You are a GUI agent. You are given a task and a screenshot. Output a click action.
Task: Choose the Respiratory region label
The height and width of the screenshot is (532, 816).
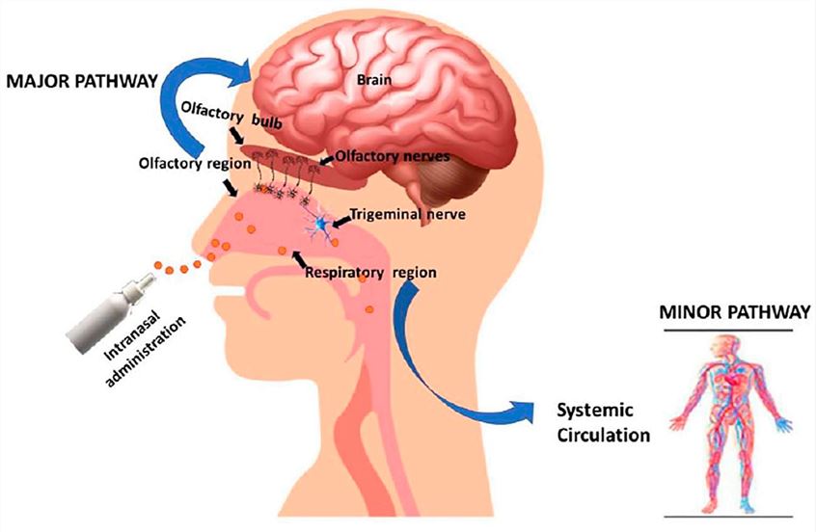pyautogui.click(x=370, y=273)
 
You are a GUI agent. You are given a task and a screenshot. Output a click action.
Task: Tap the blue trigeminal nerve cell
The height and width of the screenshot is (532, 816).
pyautogui.click(x=318, y=225)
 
